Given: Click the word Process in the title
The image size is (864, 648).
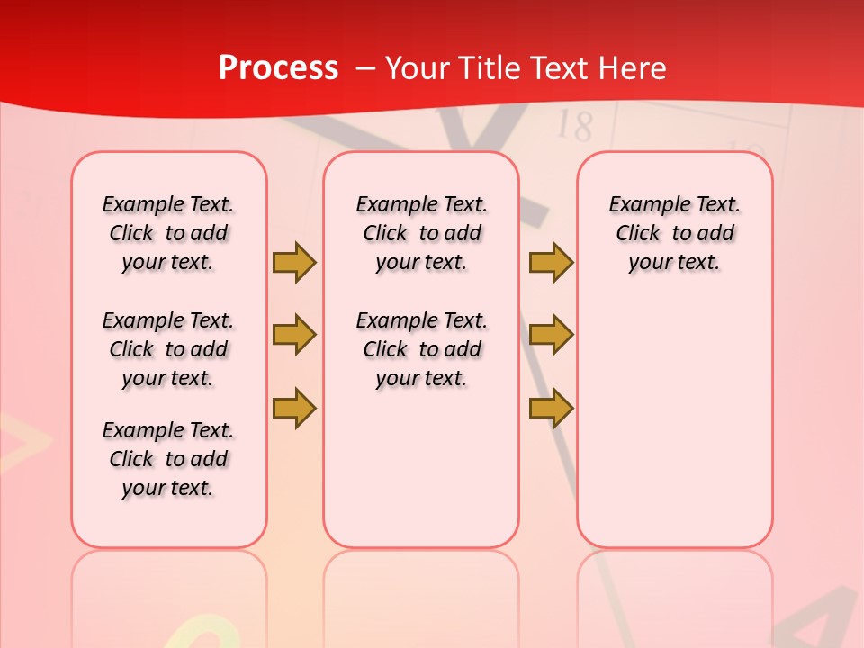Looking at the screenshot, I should (x=278, y=68).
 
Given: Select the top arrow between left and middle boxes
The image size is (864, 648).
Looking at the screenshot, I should (x=294, y=262).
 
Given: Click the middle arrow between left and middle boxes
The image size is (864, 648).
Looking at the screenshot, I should (x=294, y=336).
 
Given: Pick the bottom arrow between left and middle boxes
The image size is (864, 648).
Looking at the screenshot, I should (x=294, y=408).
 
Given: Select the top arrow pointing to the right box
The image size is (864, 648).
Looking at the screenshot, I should (x=551, y=262).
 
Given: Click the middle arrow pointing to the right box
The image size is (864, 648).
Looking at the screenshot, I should (x=551, y=336).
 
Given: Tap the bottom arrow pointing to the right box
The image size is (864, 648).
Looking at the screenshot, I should (x=551, y=408).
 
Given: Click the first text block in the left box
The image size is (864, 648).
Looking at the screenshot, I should (x=168, y=233).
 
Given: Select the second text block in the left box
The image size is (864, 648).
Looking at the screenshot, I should (x=168, y=349).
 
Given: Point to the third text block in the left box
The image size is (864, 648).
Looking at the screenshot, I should (x=168, y=459).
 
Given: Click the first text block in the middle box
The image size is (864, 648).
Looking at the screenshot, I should (x=421, y=233).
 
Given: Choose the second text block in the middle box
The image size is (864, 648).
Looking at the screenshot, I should (x=421, y=349).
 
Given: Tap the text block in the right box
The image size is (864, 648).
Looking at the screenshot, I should (x=674, y=233).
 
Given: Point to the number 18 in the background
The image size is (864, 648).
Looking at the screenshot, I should (x=574, y=127).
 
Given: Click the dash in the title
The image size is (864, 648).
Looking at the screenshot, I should (x=366, y=68).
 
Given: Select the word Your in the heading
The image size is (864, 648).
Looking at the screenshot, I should (x=419, y=68).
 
